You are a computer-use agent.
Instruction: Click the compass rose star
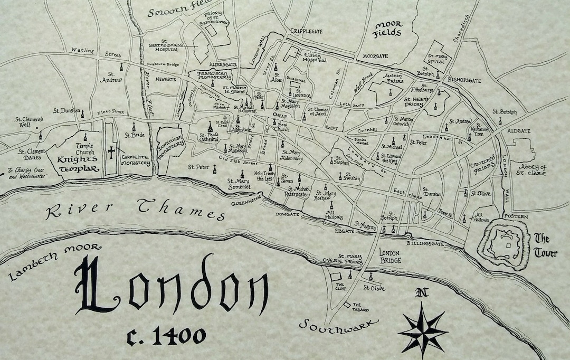point(423,331)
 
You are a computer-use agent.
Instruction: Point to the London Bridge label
point(391,257)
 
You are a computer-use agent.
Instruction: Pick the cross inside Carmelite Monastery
point(111,152)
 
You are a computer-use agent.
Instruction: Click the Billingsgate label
point(426,243)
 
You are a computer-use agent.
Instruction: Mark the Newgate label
point(165,79)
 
